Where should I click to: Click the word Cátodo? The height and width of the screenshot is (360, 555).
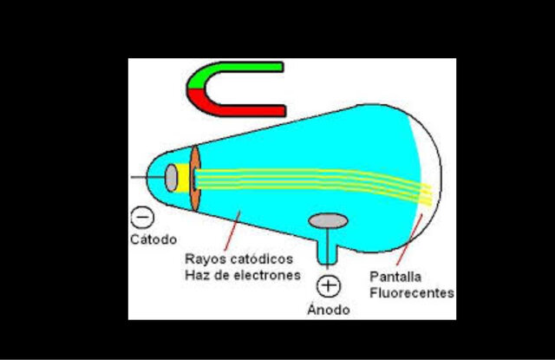click(x=153, y=239)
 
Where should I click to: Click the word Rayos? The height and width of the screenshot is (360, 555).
click(x=206, y=259)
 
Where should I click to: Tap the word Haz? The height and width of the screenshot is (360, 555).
click(x=198, y=275)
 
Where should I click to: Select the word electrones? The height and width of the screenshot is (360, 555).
click(x=265, y=275)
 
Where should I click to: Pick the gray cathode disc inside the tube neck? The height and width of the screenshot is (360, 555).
click(x=173, y=178)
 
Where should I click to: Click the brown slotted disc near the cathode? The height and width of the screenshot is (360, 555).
click(x=195, y=178)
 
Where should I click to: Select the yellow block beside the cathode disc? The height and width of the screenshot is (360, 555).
click(x=184, y=178)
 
